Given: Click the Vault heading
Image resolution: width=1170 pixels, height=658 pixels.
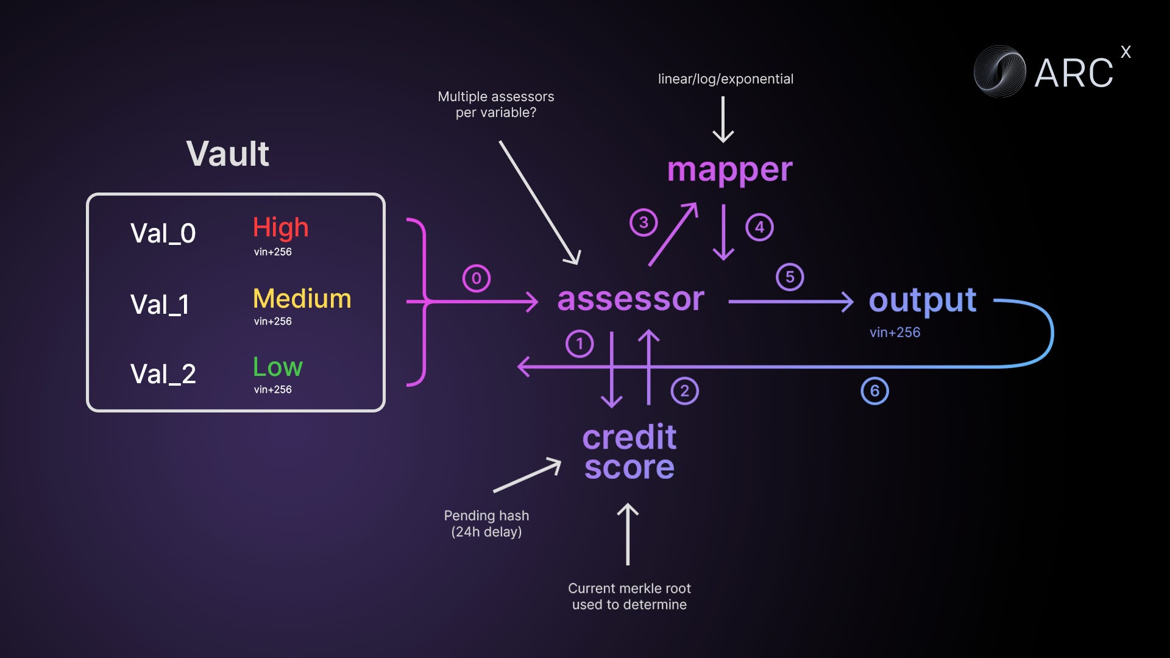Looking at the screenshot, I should click(x=227, y=154).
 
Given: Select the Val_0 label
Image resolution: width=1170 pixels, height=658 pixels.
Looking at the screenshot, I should click(x=163, y=233).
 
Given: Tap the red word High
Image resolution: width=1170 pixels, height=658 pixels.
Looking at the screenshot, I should click(x=280, y=227).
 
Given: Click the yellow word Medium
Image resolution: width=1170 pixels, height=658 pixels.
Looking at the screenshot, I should click(x=302, y=299).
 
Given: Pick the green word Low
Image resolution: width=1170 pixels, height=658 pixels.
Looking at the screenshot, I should click(x=277, y=367).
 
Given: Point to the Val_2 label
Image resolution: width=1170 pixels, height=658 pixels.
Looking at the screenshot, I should click(x=163, y=374).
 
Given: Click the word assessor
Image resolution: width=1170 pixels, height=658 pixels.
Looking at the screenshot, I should click(x=631, y=299).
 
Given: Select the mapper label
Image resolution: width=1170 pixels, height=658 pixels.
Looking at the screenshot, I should click(x=729, y=170).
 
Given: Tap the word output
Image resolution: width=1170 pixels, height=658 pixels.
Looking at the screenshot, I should click(x=922, y=300).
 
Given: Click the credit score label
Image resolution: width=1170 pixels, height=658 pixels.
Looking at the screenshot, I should click(x=629, y=452).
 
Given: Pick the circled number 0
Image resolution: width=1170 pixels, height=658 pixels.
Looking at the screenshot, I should click(x=477, y=278).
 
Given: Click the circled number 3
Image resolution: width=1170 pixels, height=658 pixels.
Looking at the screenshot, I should click(x=643, y=222).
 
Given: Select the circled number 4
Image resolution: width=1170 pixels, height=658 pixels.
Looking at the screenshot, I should click(x=759, y=227).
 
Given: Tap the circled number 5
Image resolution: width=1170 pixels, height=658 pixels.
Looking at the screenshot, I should click(x=790, y=277).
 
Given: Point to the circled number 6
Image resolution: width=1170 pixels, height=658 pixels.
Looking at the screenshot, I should click(x=874, y=391).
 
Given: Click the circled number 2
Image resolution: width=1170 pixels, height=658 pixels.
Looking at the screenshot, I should click(x=684, y=391).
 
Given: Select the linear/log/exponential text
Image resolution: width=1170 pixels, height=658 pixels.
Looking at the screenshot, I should click(x=725, y=79).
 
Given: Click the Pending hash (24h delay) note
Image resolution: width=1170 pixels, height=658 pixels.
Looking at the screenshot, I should click(x=486, y=523).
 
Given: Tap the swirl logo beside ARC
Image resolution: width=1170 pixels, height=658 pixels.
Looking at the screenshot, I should click(x=999, y=72).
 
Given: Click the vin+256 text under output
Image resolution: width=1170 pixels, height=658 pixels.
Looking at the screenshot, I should click(x=895, y=333).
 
